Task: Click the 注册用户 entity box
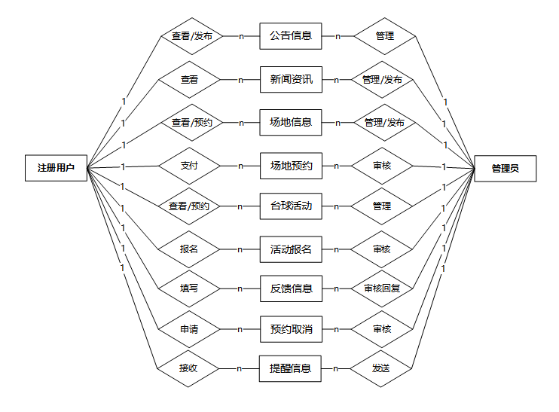56,167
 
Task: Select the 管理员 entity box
505,168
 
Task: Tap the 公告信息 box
291,35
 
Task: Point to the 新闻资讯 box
291,78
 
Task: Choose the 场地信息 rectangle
291,122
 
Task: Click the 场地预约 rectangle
291,166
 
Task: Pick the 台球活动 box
291,206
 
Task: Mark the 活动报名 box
291,249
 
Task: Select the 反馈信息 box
291,288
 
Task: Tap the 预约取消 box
291,329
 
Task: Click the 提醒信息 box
291,368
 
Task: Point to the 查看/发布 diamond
192,35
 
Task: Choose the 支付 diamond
189,166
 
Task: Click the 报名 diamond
189,249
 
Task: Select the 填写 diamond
189,288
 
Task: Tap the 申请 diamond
189,329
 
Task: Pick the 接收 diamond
188,368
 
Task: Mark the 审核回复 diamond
382,288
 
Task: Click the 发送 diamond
382,368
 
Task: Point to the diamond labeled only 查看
189,78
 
